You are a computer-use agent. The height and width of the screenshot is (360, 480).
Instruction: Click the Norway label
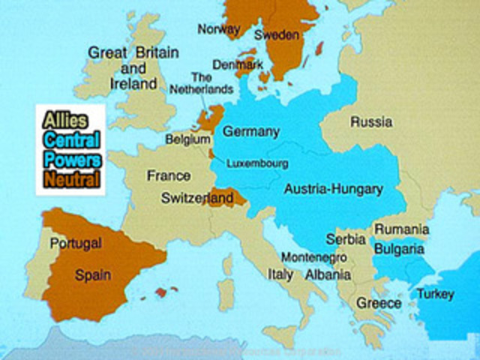point(218,29)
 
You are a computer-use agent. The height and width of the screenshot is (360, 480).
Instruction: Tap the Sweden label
point(277,35)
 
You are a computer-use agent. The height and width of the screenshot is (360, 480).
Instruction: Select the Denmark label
point(238,65)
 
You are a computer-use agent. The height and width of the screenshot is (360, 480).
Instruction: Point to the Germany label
point(251,132)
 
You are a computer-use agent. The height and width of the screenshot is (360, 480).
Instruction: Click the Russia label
point(371,121)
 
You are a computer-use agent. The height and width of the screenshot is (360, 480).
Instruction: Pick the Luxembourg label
point(257,163)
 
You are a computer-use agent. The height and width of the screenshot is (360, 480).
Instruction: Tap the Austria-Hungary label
point(333,189)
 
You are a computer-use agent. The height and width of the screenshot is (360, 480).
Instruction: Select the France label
point(169,175)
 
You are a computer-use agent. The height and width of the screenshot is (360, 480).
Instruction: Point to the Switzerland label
point(197,199)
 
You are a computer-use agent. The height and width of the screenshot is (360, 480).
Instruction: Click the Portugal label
point(75,244)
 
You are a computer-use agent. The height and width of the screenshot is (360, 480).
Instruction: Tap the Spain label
point(93,275)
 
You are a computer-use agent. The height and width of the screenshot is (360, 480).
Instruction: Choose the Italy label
point(280,274)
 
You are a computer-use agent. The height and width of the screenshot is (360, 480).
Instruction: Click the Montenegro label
point(313,256)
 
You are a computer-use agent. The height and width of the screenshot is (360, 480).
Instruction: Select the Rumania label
point(402,229)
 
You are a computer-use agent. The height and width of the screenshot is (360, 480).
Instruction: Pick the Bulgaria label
point(399,249)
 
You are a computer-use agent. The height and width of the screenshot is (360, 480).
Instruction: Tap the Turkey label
point(435,294)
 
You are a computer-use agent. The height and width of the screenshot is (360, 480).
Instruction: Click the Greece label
point(379,304)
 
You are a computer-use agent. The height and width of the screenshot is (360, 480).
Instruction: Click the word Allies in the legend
point(66,120)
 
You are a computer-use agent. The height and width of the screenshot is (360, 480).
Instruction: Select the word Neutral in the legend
point(71,179)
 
